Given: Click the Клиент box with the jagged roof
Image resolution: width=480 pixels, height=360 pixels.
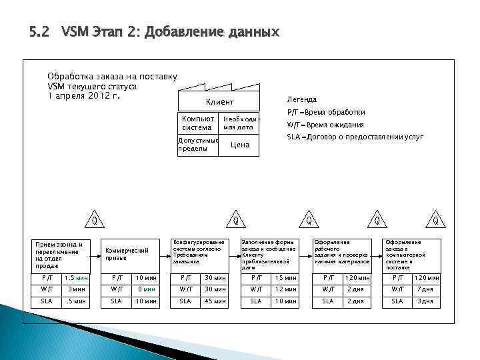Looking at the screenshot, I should click(x=218, y=101).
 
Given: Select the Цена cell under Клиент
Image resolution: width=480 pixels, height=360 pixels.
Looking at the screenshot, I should click(x=239, y=145).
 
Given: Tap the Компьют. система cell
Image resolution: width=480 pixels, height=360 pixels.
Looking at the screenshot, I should click(x=197, y=123).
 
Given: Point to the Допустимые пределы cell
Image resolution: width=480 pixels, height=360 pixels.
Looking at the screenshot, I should click(x=198, y=145).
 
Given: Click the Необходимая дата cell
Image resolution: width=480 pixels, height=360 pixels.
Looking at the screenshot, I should click(x=239, y=123).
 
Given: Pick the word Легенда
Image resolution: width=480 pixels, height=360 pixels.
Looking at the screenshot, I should click(x=302, y=99).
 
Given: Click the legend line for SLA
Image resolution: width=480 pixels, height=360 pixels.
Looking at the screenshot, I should click(x=355, y=137).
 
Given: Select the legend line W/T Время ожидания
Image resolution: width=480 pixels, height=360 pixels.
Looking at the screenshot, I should click(x=325, y=125).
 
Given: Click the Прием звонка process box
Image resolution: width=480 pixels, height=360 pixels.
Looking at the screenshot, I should click(x=59, y=255).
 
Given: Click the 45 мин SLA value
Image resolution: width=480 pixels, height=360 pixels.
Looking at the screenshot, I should click(x=215, y=301).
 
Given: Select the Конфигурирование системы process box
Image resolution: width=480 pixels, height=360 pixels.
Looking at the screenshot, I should click(x=199, y=251).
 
